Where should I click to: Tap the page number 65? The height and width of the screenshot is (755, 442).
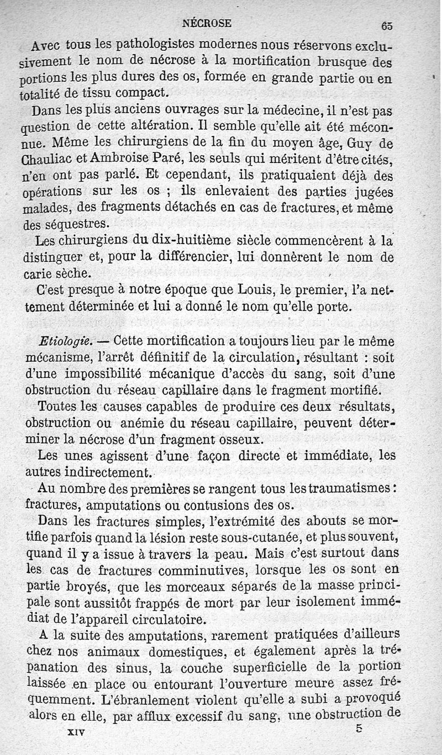point(386,25)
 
